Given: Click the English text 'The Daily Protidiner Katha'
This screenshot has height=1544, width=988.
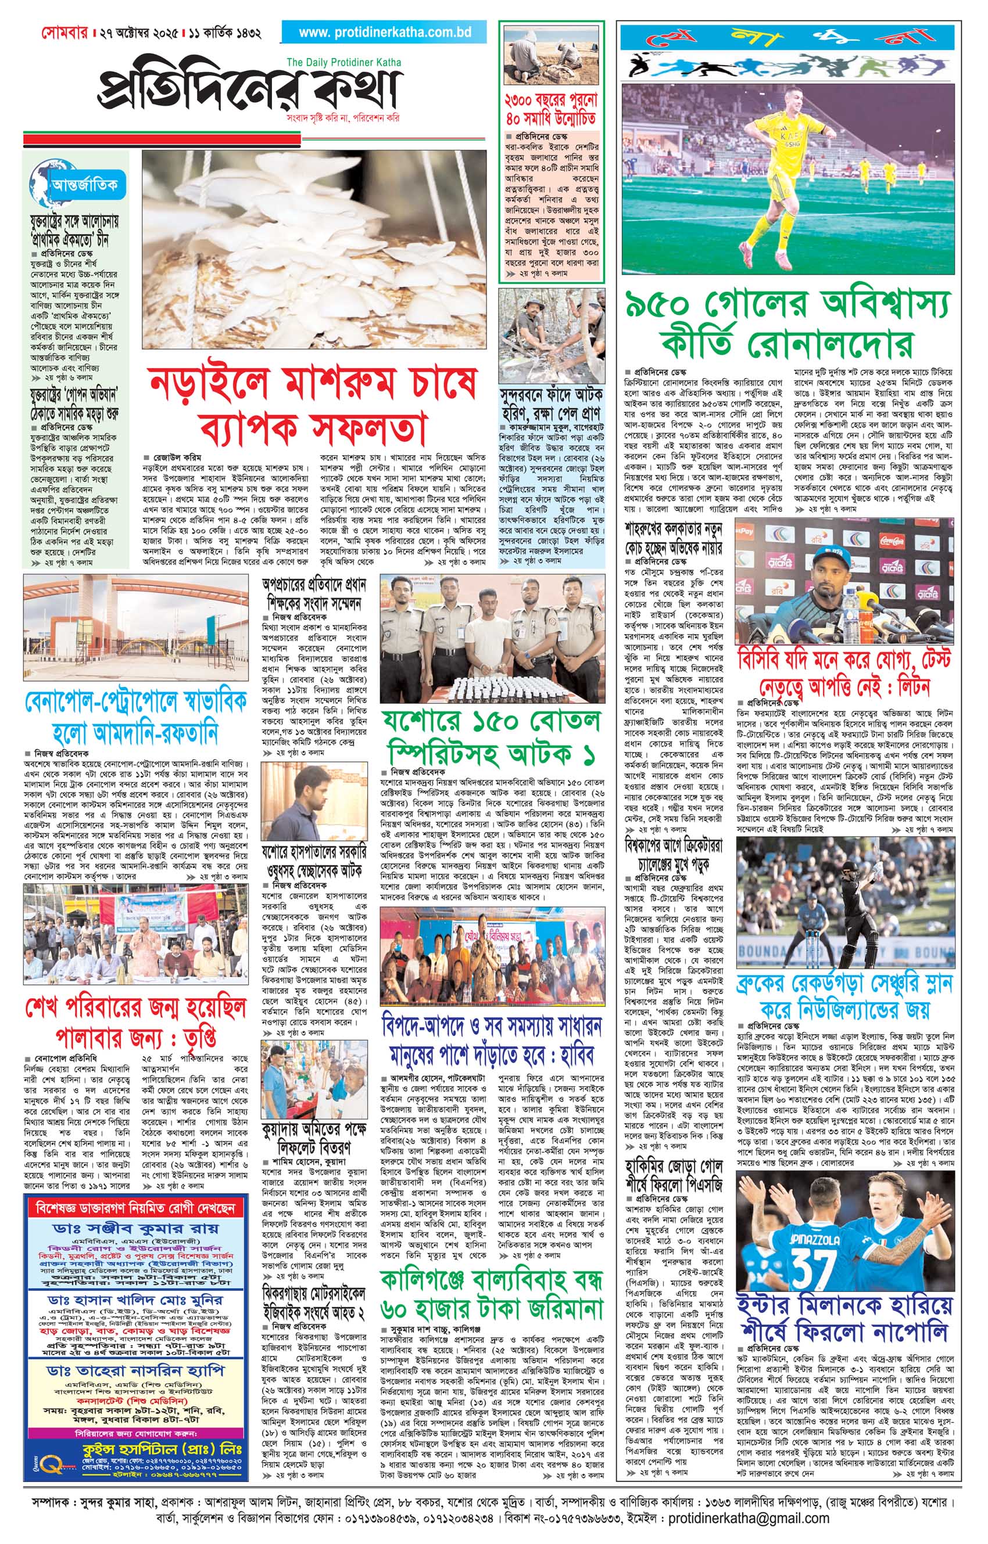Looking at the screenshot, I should coord(344,62).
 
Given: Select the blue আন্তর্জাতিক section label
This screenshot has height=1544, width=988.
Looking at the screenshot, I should coord(88,185).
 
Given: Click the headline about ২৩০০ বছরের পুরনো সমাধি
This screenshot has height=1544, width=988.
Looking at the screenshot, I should coord(552,109).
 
